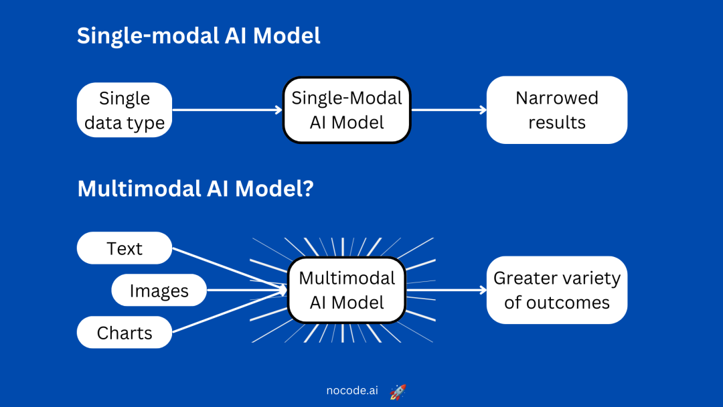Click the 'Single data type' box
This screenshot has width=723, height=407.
[125, 110]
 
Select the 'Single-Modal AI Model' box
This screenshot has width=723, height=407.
[346, 110]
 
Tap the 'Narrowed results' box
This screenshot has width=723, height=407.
[556, 110]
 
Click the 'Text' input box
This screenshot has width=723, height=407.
[125, 248]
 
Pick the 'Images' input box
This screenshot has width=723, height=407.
[159, 291]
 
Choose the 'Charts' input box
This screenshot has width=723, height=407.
[125, 333]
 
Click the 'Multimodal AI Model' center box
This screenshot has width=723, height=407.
[346, 291]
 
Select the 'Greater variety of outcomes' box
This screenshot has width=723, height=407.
[556, 291]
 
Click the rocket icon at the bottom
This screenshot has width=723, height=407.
[398, 392]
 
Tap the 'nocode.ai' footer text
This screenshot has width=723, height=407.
[351, 391]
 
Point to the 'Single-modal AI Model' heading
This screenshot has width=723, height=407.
[199, 35]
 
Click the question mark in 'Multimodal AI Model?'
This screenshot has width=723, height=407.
[307, 189]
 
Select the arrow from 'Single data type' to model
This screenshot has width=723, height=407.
[228, 110]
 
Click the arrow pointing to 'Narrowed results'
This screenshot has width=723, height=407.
[449, 110]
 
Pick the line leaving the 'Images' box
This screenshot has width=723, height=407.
[244, 291]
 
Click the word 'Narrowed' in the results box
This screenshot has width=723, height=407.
[556, 98]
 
